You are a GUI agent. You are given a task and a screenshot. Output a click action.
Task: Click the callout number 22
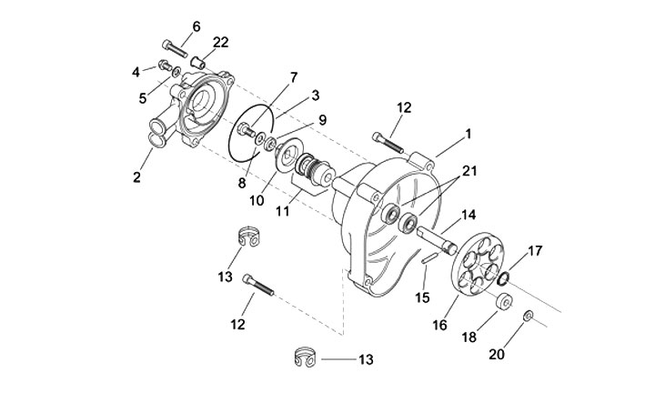pyautogui.click(x=221, y=42)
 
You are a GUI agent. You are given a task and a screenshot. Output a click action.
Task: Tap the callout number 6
pyautogui.click(x=196, y=26)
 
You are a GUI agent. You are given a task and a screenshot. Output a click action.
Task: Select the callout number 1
pyautogui.click(x=469, y=134)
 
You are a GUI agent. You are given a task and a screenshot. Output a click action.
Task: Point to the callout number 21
pyautogui.click(x=469, y=171)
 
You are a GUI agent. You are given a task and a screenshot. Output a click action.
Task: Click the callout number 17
pyautogui.click(x=535, y=251)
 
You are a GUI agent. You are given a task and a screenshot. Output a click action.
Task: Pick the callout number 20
pyautogui.click(x=497, y=355)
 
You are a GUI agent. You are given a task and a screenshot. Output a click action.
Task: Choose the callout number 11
pyautogui.click(x=283, y=211)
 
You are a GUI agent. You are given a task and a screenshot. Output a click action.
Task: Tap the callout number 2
pyautogui.click(x=136, y=177)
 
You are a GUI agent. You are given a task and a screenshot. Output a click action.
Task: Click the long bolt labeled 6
pyautogui.click(x=175, y=49)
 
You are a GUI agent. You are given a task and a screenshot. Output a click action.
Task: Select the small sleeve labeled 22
pyautogui.click(x=198, y=63)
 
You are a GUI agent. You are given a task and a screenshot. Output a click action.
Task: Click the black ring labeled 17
pyautogui.click(x=503, y=278)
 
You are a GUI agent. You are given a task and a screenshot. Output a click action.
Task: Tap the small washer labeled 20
pyautogui.click(x=528, y=316)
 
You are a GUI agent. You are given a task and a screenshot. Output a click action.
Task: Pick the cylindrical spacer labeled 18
pyautogui.click(x=505, y=301)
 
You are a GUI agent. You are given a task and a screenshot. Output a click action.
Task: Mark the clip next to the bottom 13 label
pyautogui.click(x=305, y=358)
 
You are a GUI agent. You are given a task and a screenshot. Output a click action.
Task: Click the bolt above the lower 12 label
pyautogui.click(x=257, y=284)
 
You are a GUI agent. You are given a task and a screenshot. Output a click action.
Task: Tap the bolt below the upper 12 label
pyautogui.click(x=388, y=143)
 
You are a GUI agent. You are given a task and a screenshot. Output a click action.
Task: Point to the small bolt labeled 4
pyautogui.click(x=165, y=65)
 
